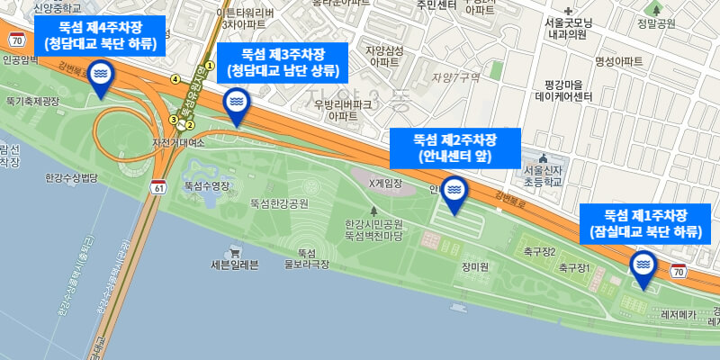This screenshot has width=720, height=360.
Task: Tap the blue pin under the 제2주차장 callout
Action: (x=454, y=193)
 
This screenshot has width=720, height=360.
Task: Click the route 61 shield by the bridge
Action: (x=159, y=188)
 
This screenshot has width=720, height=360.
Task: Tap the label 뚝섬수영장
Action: (x=209, y=184)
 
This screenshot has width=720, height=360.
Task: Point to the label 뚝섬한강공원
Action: (x=279, y=203)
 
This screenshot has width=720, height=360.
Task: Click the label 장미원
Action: (x=474, y=267)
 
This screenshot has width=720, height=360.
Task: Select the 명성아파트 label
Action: (x=619, y=61)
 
